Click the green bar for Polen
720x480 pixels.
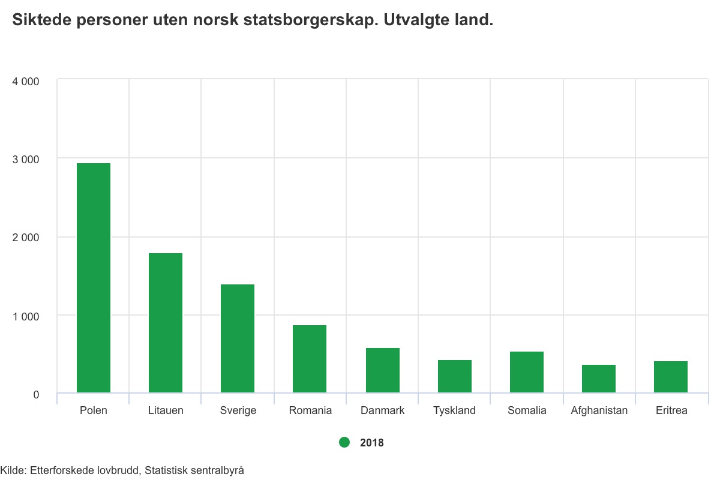[x=94, y=278]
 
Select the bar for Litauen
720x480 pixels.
[x=166, y=323]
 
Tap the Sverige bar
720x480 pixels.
[x=238, y=339]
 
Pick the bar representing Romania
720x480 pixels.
[x=310, y=359]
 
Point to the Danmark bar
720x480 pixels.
[x=383, y=371]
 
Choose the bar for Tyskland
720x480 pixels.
[x=455, y=377]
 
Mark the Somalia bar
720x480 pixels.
[x=527, y=373]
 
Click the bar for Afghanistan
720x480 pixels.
[x=599, y=379]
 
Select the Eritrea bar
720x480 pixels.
[x=671, y=377]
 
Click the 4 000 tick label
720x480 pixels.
[x=26, y=81]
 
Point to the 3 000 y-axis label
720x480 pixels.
[x=26, y=160]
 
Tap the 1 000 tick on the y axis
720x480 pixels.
[x=26, y=316]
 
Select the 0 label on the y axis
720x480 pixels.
[x=36, y=395]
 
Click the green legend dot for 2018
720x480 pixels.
[x=344, y=442]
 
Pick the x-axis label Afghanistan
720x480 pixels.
[x=599, y=411]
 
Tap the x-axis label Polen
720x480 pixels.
[x=94, y=411]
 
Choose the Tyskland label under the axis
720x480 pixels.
[x=454, y=411]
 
